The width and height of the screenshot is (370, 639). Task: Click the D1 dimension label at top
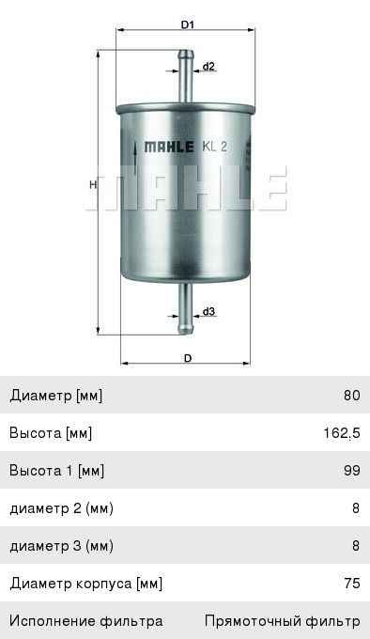click(x=187, y=24)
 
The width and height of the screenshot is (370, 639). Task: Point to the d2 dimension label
click(x=208, y=66)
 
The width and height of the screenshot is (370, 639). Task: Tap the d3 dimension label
click(x=208, y=312)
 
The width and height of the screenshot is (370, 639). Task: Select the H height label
click(x=93, y=184)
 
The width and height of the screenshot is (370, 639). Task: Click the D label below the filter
click(x=188, y=358)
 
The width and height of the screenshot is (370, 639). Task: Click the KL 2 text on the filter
click(x=214, y=147)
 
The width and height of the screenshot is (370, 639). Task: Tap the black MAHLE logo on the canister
click(x=169, y=147)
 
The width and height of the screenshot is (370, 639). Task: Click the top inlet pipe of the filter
click(x=185, y=76)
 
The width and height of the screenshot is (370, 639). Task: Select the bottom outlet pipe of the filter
click(x=185, y=308)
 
